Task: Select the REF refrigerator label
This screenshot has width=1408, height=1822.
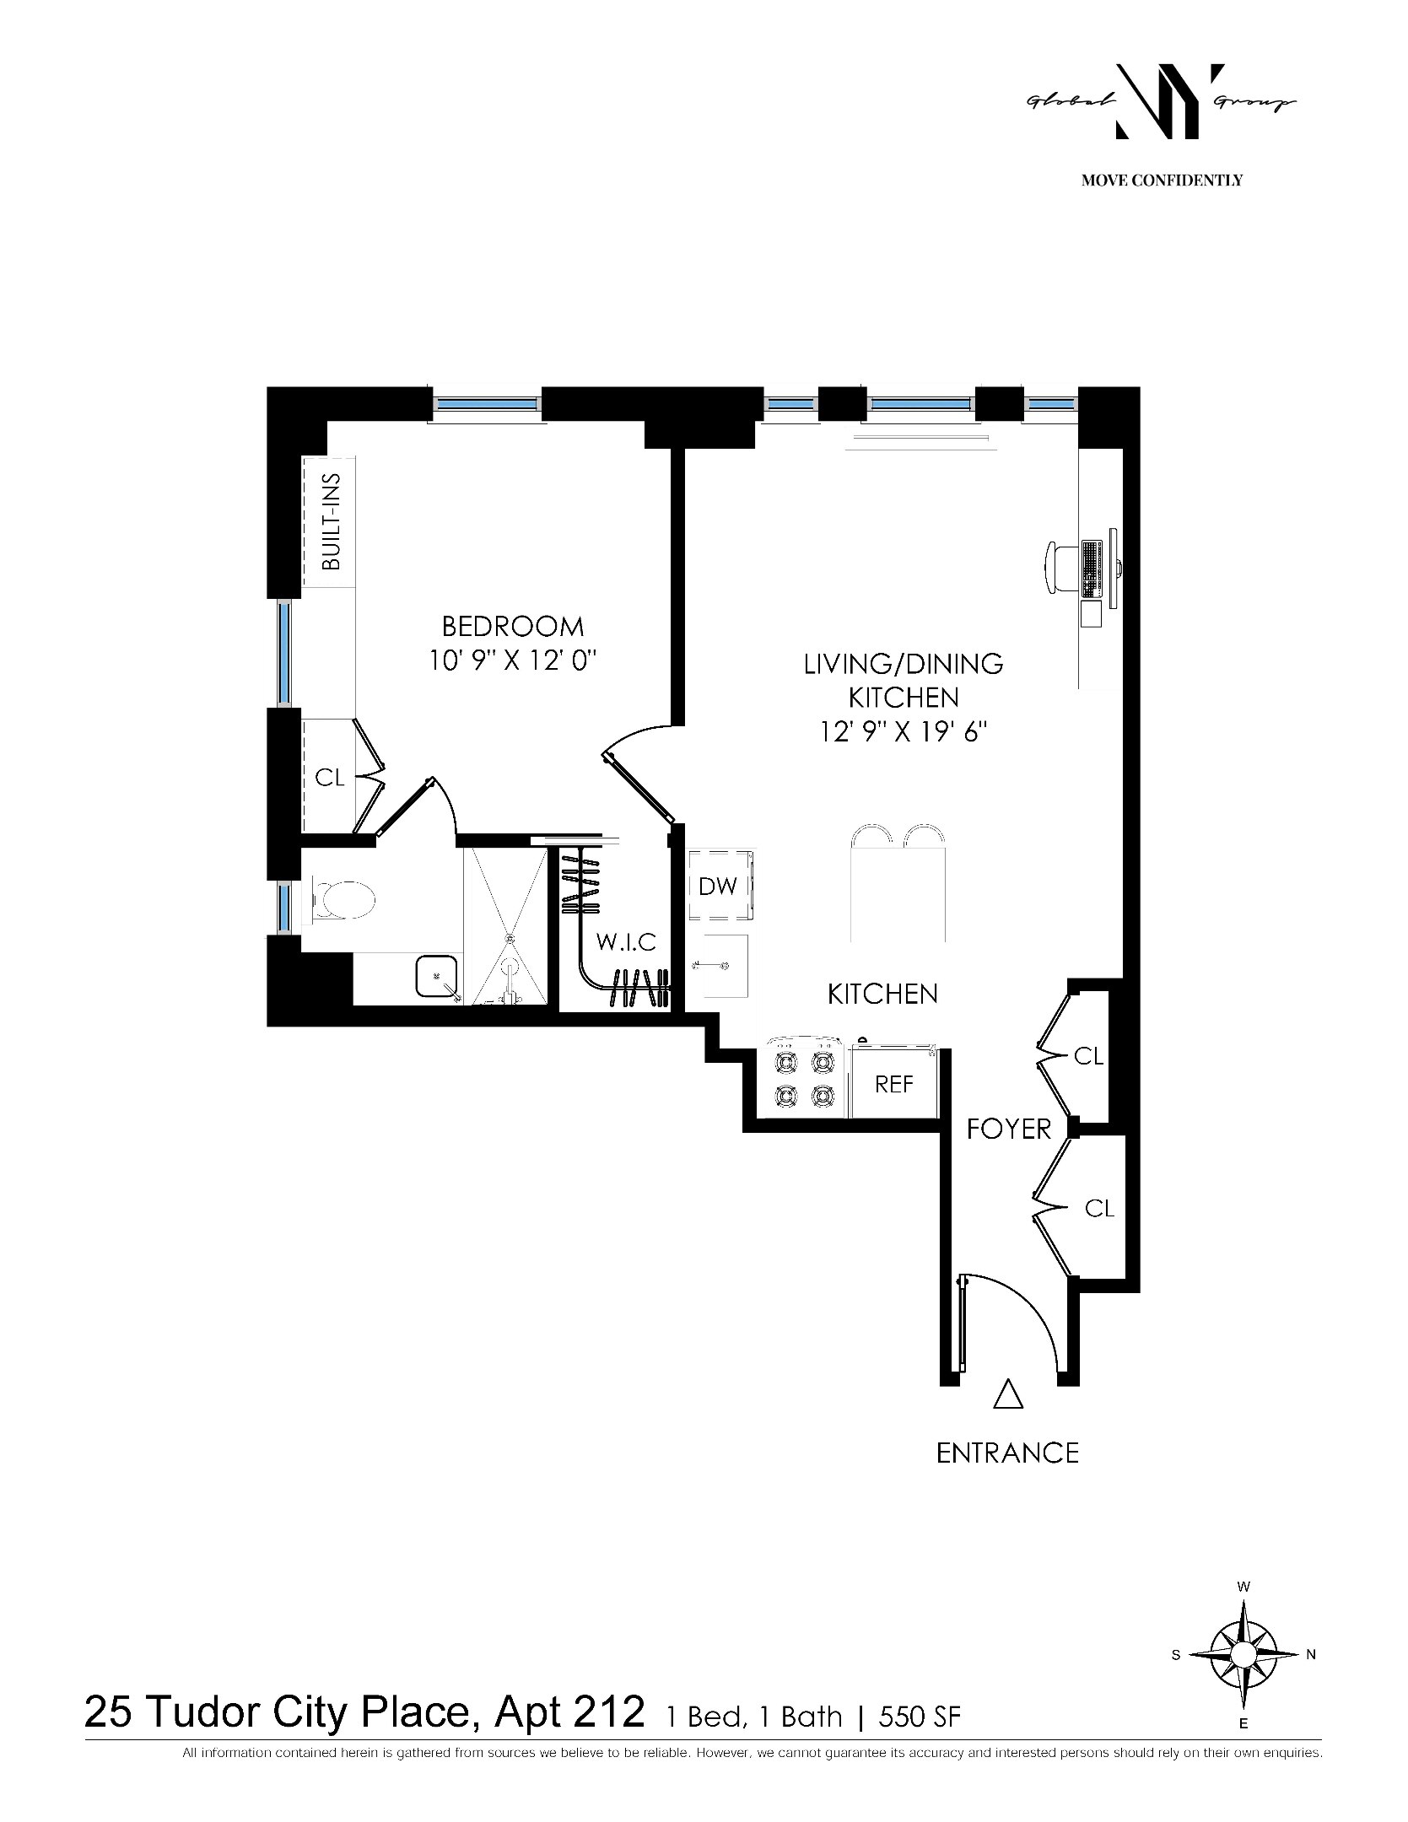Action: point(894,1084)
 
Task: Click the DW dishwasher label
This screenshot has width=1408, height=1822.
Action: point(718,886)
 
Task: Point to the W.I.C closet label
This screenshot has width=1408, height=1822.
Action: point(626,941)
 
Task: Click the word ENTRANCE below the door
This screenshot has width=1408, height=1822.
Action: point(1008,1453)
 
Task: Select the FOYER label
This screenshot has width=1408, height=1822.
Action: point(1009,1129)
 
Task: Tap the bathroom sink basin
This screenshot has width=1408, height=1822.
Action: point(437,976)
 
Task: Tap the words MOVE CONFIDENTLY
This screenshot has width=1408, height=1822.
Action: point(1162,181)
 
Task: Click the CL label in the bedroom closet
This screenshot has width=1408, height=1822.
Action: point(330,778)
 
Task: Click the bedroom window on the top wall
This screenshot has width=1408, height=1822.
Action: point(487,404)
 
